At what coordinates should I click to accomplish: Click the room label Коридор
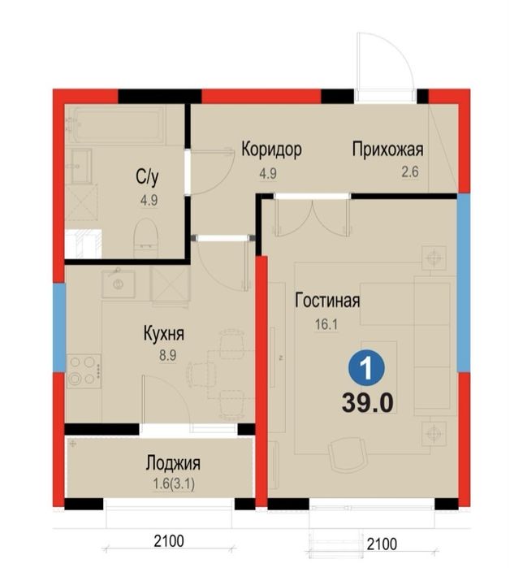pyautogui.click(x=271, y=150)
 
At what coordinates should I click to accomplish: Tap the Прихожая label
pyautogui.click(x=387, y=150)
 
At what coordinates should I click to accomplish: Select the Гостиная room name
pyautogui.click(x=326, y=301)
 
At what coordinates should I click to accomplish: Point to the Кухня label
pyautogui.click(x=163, y=334)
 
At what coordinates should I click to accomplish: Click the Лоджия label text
pyautogui.click(x=173, y=464)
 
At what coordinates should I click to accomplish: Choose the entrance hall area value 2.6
pyautogui.click(x=387, y=171)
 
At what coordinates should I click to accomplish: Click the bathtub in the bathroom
pyautogui.click(x=116, y=124)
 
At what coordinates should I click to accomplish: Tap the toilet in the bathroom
pyautogui.click(x=145, y=236)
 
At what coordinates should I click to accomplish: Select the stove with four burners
pyautogui.click(x=83, y=371)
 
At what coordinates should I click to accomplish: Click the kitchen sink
pyautogui.click(x=119, y=284)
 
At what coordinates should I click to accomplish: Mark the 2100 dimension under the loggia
pyautogui.click(x=167, y=541)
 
